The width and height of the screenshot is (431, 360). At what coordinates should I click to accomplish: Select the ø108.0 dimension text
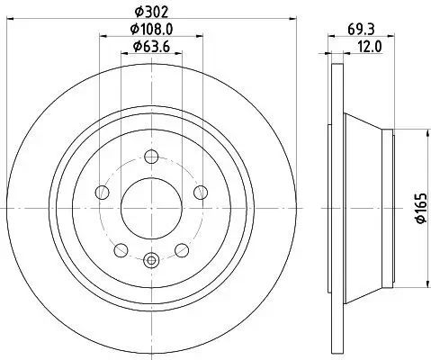pyautogui.click(x=151, y=31)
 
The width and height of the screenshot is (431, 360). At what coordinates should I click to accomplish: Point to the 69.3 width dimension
pyautogui.click(x=356, y=30)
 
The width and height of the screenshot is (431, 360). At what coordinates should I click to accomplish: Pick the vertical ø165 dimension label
pyautogui.click(x=418, y=208)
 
